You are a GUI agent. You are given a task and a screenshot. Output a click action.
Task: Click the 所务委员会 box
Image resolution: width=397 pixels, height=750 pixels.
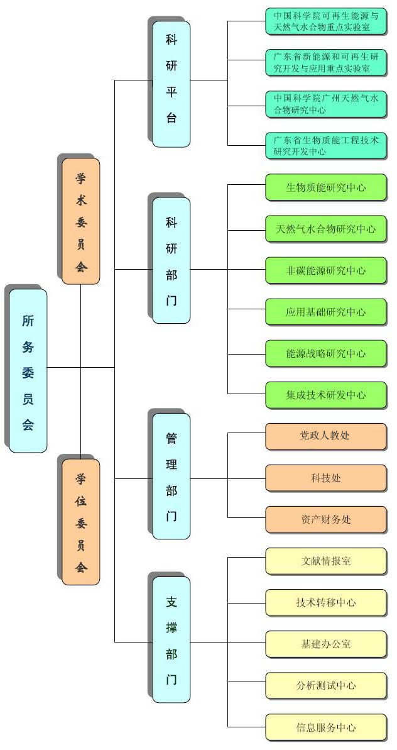pyautogui.click(x=28, y=370)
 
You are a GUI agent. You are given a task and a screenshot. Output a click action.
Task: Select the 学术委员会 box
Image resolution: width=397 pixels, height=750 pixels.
pyautogui.click(x=81, y=221)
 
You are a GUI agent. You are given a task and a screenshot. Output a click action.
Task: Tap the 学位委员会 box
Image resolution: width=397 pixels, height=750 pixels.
pyautogui.click(x=81, y=522)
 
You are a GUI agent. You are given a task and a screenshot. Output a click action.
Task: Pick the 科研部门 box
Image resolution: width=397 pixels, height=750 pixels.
pyautogui.click(x=171, y=261)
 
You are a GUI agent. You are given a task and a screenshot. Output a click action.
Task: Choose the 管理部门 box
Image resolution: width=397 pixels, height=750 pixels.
pyautogui.click(x=171, y=477)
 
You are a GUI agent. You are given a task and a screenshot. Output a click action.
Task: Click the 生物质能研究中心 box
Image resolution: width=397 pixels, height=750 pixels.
pyautogui.click(x=326, y=187)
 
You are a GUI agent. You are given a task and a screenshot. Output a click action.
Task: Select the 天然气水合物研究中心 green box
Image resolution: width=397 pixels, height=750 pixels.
pyautogui.click(x=326, y=229)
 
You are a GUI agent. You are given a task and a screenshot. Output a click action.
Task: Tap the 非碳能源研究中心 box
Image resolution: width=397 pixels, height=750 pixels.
pyautogui.click(x=326, y=270)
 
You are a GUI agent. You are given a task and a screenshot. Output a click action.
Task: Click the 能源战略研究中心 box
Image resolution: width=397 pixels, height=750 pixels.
pyautogui.click(x=326, y=353)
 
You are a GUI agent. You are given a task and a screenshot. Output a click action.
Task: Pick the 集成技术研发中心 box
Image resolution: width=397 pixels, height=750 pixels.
pyautogui.click(x=326, y=395)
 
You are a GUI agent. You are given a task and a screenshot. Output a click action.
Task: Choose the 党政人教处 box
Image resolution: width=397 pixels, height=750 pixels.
pyautogui.click(x=326, y=436)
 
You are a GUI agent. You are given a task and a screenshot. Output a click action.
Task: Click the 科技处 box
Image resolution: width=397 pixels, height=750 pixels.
pyautogui.click(x=326, y=478)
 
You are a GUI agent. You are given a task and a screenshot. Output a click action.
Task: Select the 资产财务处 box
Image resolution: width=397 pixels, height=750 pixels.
pyautogui.click(x=326, y=519)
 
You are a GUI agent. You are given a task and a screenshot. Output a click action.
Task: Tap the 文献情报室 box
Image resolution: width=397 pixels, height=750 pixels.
pyautogui.click(x=326, y=561)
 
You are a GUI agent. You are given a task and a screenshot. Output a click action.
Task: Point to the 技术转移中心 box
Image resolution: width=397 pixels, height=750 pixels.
pyautogui.click(x=326, y=602)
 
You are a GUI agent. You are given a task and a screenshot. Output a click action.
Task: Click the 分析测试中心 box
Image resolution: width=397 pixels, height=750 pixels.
pyautogui.click(x=326, y=685)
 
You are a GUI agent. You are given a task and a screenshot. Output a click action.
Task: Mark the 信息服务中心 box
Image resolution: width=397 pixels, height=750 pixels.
pyautogui.click(x=326, y=727)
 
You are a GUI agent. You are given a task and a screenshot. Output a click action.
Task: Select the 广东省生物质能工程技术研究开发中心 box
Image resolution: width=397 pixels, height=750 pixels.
pyautogui.click(x=326, y=146)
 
